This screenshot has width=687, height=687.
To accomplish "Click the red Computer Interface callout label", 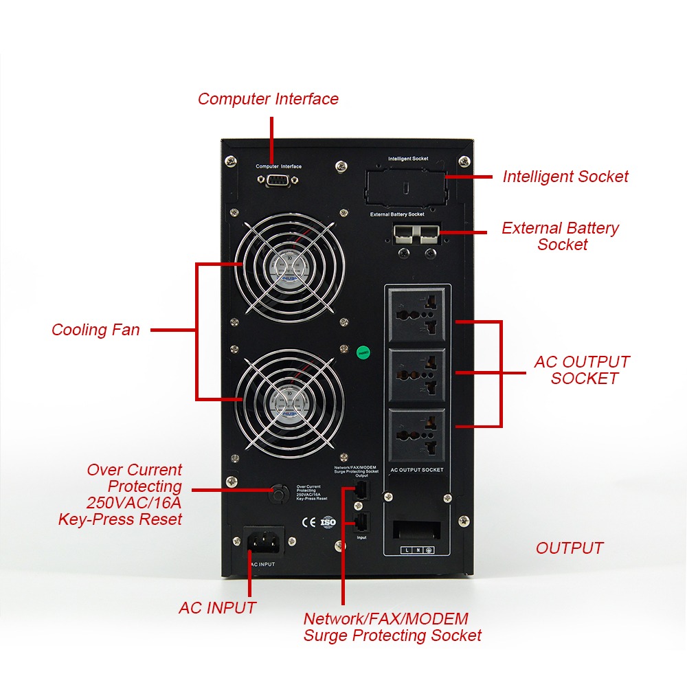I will [x=268, y=99].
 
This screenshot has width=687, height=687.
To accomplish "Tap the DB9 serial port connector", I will [x=278, y=180].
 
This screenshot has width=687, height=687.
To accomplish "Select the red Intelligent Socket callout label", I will [x=565, y=177].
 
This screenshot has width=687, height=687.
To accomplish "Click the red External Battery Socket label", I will [x=561, y=236].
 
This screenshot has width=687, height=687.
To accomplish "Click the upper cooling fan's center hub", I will [x=289, y=266].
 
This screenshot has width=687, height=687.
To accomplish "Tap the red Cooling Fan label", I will [x=95, y=330].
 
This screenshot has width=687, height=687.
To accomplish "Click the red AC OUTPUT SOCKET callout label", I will [x=583, y=370].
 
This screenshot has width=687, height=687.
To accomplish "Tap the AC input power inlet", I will [x=265, y=542].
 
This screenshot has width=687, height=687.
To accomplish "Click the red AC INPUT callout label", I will [x=217, y=608].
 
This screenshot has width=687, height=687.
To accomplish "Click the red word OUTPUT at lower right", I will [x=570, y=548].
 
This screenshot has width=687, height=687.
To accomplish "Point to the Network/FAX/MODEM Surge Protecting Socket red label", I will [x=392, y=627].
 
